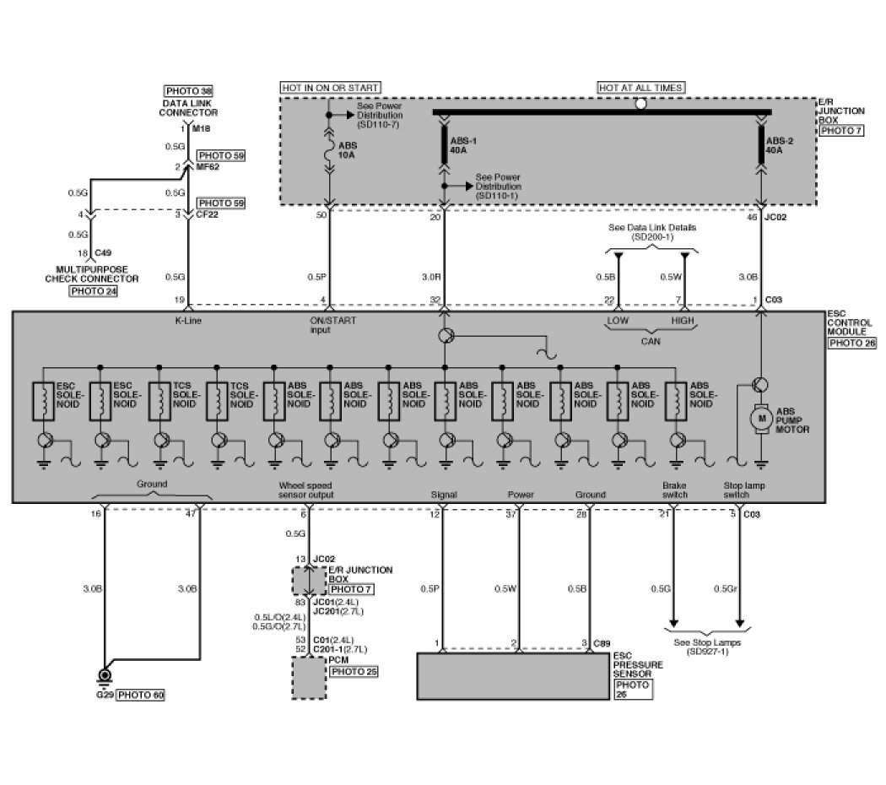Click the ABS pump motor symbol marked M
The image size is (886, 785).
[x=760, y=418]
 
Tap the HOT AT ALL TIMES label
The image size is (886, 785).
[x=640, y=87]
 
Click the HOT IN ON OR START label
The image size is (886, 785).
[x=330, y=87]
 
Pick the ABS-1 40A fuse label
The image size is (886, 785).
[x=461, y=146]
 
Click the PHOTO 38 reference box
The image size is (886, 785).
[x=188, y=90]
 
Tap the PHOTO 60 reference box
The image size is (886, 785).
[x=140, y=696]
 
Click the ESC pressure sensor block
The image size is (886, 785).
[x=512, y=675]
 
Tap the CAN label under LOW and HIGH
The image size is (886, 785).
[x=651, y=342]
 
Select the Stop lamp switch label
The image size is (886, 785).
[x=742, y=490]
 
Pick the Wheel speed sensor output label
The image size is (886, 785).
[x=305, y=490]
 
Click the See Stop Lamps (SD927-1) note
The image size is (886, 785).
[x=707, y=647]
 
